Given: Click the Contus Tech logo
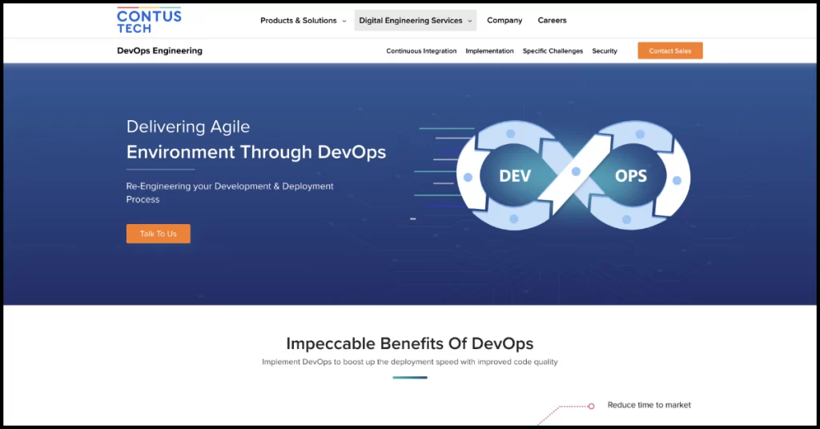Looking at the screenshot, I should (149, 20).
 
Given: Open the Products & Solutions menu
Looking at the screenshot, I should (303, 21).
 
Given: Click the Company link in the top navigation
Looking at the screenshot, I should (504, 21).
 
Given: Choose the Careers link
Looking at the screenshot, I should (552, 21).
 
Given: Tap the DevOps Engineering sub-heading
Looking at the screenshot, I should (159, 50).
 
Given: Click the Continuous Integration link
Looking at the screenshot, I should (421, 51).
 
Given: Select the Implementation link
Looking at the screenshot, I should (489, 51).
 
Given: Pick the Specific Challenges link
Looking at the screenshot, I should (553, 51).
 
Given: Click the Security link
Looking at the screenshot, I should (605, 51).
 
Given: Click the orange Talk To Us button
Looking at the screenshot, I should (158, 234).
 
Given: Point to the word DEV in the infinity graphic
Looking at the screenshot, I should (515, 176).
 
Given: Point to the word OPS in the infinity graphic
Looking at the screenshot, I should (630, 176).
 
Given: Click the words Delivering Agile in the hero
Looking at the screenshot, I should (188, 126).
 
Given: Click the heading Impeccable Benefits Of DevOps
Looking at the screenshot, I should (409, 344).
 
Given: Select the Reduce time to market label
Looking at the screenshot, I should (649, 405).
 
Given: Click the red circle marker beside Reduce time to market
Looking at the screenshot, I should (591, 407).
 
